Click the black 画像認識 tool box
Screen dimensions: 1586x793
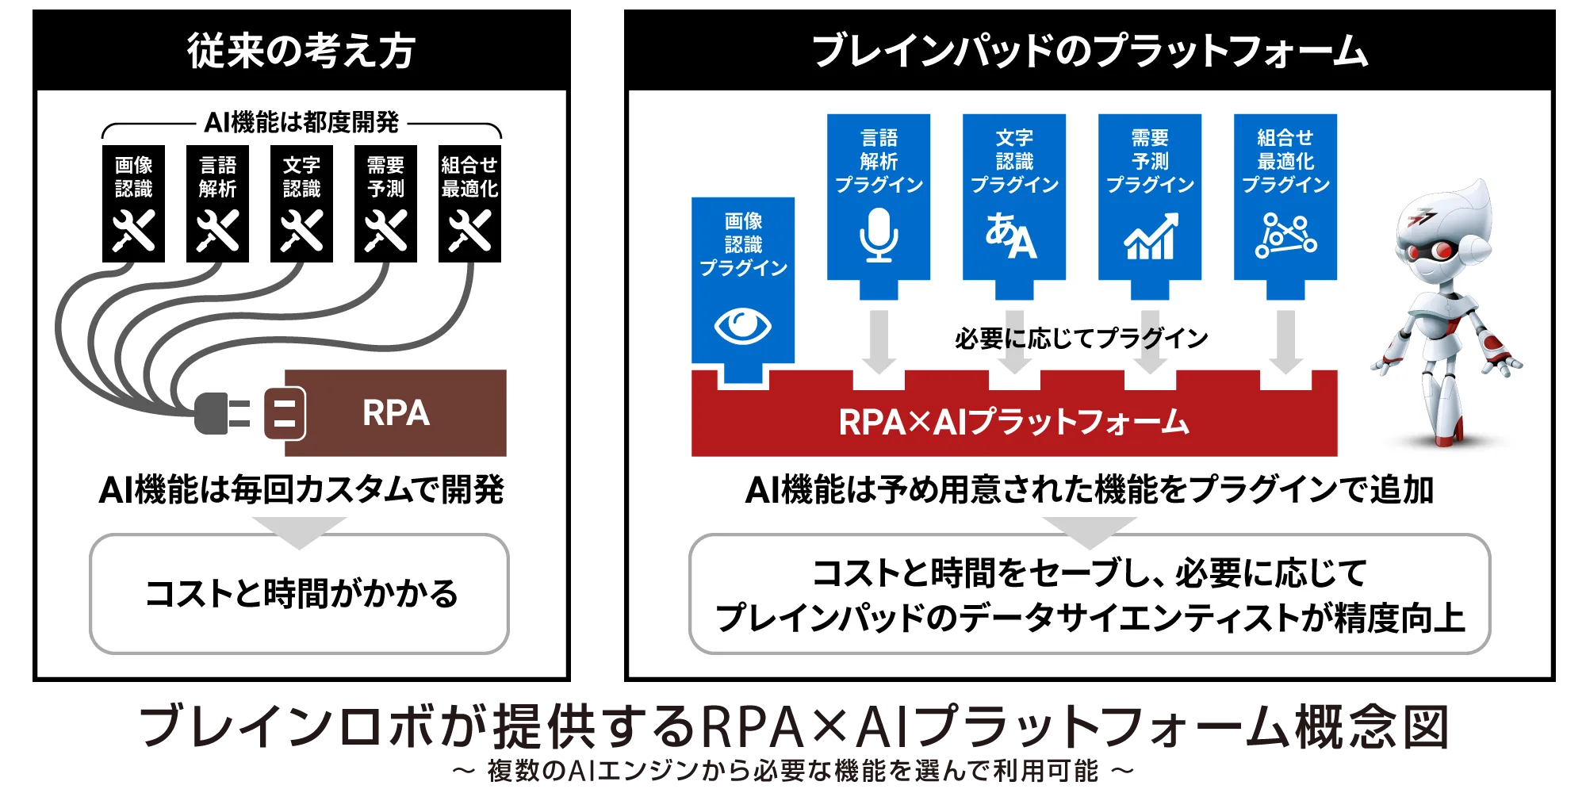click(x=133, y=203)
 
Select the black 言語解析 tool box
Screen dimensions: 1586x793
click(x=217, y=203)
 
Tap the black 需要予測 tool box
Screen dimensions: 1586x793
click(x=385, y=203)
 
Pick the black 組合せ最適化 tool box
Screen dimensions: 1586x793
click(x=469, y=203)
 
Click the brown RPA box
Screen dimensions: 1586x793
click(x=395, y=412)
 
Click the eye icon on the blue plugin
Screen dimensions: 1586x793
click(x=742, y=325)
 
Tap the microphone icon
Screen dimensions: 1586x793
click(x=879, y=235)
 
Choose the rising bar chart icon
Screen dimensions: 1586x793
click(x=1151, y=236)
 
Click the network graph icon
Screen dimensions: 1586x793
click(x=1285, y=235)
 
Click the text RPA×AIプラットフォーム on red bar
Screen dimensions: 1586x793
click(x=1014, y=422)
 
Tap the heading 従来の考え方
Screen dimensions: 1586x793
click(x=301, y=51)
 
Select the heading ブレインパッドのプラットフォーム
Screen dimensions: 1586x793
click(x=1090, y=51)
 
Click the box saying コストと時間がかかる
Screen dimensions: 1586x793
click(x=299, y=594)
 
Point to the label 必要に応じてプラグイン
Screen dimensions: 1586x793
click(x=1082, y=339)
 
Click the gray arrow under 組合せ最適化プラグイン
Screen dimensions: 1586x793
click(x=1285, y=342)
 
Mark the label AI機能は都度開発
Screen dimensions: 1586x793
click(x=301, y=122)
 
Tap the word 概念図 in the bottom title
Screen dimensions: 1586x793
click(x=1372, y=726)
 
